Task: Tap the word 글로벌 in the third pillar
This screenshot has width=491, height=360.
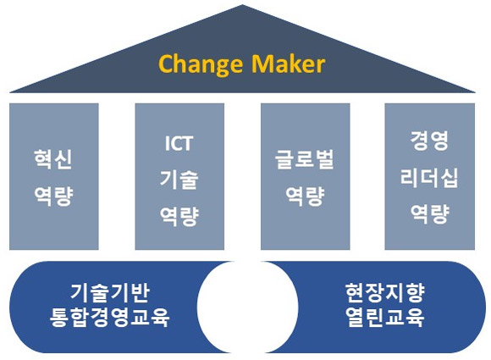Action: [x=304, y=160]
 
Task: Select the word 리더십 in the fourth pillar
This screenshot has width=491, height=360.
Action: [x=428, y=175]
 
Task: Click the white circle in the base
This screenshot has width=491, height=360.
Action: [x=245, y=306]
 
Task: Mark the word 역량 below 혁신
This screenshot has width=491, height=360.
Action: [x=52, y=197]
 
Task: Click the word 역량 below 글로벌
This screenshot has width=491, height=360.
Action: [x=304, y=197]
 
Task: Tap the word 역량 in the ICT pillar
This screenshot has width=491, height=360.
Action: [x=179, y=215]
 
